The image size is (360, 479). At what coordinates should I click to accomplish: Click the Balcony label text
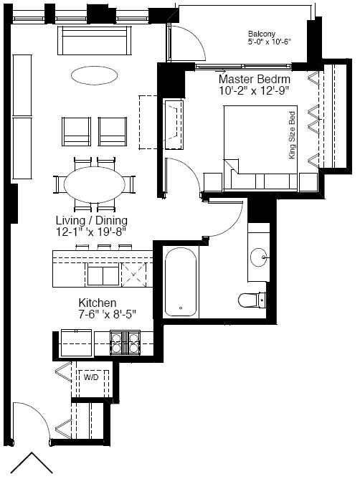[262, 34]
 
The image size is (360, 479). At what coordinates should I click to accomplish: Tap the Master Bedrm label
[255, 79]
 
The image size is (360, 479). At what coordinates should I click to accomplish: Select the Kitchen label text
[98, 303]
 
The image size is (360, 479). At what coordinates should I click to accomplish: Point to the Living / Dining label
[92, 220]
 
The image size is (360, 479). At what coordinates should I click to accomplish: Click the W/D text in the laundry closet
[91, 378]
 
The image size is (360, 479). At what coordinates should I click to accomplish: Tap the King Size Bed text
[293, 135]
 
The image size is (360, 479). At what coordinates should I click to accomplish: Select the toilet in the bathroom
[252, 300]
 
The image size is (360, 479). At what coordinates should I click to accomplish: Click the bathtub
[181, 282]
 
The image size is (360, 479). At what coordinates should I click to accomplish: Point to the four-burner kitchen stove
[125, 343]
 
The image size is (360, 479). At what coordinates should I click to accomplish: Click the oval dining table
[95, 184]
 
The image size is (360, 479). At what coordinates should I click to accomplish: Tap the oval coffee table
[95, 75]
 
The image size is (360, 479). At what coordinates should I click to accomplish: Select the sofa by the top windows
[95, 40]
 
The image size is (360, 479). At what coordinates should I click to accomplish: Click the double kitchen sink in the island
[103, 275]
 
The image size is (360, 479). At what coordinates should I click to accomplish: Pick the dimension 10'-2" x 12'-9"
[254, 91]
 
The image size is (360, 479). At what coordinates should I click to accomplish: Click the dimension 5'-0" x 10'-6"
[269, 42]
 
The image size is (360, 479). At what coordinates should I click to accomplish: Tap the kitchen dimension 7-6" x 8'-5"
[107, 314]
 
